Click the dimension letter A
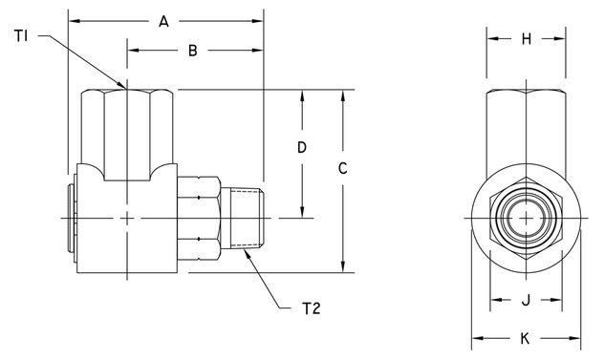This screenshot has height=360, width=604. [x=163, y=20]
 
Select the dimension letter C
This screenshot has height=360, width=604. [x=343, y=168]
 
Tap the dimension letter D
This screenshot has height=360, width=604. [x=301, y=149]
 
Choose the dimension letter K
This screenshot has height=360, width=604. [x=525, y=338]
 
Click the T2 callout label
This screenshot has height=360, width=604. [x=312, y=308]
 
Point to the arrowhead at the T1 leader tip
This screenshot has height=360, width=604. [x=124, y=87]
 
